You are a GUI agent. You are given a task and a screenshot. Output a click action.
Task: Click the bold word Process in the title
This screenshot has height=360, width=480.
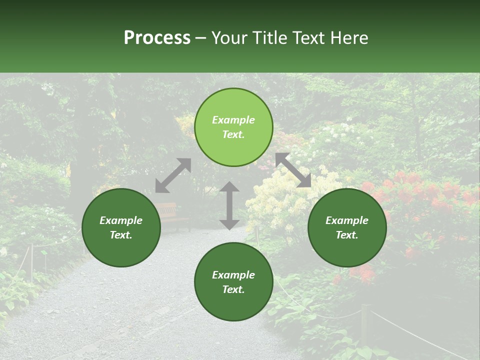(x=157, y=38)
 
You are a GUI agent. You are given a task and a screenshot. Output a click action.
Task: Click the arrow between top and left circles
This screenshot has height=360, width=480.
(x=173, y=175)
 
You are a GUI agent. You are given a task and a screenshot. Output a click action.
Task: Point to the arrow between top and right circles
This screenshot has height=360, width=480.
(x=293, y=170)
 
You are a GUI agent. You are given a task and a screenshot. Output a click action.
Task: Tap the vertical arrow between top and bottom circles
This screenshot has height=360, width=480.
(x=229, y=205)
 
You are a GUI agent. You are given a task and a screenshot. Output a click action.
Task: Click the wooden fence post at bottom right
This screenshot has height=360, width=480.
(x=366, y=325)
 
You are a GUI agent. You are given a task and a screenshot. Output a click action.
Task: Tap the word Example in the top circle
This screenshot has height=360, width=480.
(x=233, y=120)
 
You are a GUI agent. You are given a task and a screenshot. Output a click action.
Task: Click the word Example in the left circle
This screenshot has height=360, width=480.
(x=121, y=220)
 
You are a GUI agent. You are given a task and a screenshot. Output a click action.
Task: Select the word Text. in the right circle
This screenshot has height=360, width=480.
(x=347, y=235)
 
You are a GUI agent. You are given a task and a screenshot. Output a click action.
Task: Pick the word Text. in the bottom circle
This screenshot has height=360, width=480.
(x=233, y=289)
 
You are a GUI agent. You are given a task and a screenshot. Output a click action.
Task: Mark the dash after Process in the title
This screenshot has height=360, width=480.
(x=201, y=38)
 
